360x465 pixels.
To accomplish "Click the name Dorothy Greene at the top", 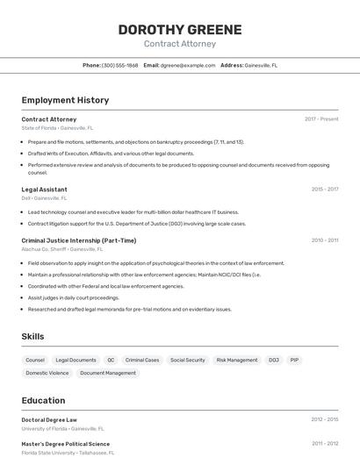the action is point(179,29).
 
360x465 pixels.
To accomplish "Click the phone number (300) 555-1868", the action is point(119,65).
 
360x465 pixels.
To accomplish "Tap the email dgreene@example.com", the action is point(188,65).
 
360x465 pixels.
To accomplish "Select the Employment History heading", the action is point(65,100).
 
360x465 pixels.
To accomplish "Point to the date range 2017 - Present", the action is point(321,119).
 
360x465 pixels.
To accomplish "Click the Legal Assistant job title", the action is point(44,190).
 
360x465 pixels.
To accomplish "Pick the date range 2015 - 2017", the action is point(325,190).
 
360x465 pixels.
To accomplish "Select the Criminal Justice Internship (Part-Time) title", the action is point(79,240).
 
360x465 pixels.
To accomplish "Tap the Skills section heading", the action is point(32,336).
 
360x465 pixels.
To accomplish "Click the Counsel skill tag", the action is point(35,360).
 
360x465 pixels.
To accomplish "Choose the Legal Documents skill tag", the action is point(76,360).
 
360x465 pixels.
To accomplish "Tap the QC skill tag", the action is point(111,360).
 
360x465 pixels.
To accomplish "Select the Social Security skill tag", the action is point(187,360).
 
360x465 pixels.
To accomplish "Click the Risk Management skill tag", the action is point(237,360).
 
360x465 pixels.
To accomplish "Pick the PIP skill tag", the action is point(294,360).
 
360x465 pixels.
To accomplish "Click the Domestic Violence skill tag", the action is point(47,373).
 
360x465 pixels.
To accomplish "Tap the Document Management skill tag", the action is point(108,373).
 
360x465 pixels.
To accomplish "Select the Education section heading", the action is point(43,400).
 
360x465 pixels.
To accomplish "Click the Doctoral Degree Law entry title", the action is point(49,420).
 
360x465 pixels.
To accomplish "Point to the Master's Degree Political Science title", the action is point(66,444).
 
